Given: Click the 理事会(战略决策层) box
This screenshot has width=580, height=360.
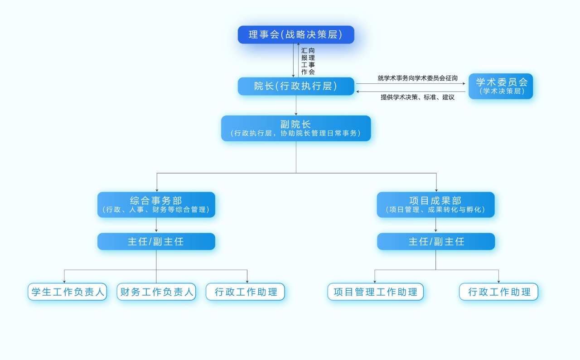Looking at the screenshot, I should click(x=296, y=35).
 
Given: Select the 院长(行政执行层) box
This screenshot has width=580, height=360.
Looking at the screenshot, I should click(x=296, y=86).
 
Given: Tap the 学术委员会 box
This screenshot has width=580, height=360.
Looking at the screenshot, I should click(x=501, y=86).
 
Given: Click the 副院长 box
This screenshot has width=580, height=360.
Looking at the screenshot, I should click(x=296, y=128).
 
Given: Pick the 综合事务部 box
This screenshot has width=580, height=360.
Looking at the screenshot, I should click(x=156, y=205).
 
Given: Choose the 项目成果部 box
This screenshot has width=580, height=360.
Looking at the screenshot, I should click(x=435, y=205).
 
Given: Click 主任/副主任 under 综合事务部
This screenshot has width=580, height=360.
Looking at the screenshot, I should click(x=156, y=241).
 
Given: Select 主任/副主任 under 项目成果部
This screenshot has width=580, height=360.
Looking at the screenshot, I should click(x=436, y=241).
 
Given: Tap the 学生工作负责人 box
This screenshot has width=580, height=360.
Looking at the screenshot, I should click(x=68, y=292).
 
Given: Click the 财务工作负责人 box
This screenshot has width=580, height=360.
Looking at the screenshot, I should click(x=156, y=292).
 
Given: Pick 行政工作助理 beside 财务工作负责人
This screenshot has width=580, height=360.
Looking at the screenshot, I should click(x=246, y=292).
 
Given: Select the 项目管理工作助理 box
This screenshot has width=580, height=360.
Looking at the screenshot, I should click(x=375, y=292).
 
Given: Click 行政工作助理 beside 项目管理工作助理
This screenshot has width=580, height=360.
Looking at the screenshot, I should click(x=499, y=292).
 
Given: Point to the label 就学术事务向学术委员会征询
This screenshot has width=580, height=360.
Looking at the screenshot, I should click(x=417, y=78).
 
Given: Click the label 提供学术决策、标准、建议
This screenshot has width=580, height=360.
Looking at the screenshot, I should click(x=417, y=97).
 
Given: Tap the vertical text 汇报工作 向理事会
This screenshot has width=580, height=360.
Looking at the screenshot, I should click(x=308, y=61).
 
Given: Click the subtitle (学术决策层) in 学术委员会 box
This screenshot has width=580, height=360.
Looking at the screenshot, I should click(x=501, y=91).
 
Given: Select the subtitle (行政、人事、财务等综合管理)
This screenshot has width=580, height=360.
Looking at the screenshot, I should click(x=156, y=210).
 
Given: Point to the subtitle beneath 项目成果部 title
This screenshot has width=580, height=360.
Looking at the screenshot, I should click(x=435, y=210).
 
